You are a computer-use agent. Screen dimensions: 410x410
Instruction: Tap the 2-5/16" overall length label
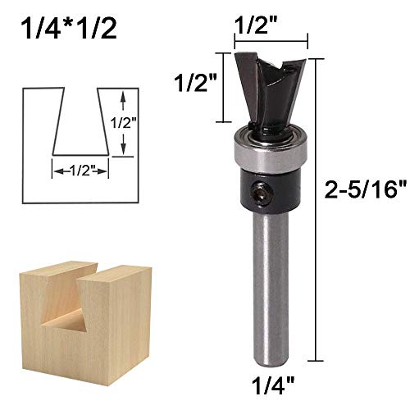pyautogui.click(x=365, y=193)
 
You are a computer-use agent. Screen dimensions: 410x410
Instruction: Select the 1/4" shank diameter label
pyautogui.click(x=272, y=383)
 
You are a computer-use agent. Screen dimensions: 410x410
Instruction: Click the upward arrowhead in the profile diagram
pyautogui.click(x=121, y=96)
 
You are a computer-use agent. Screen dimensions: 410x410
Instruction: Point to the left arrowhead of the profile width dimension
pyautogui.click(x=57, y=171)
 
